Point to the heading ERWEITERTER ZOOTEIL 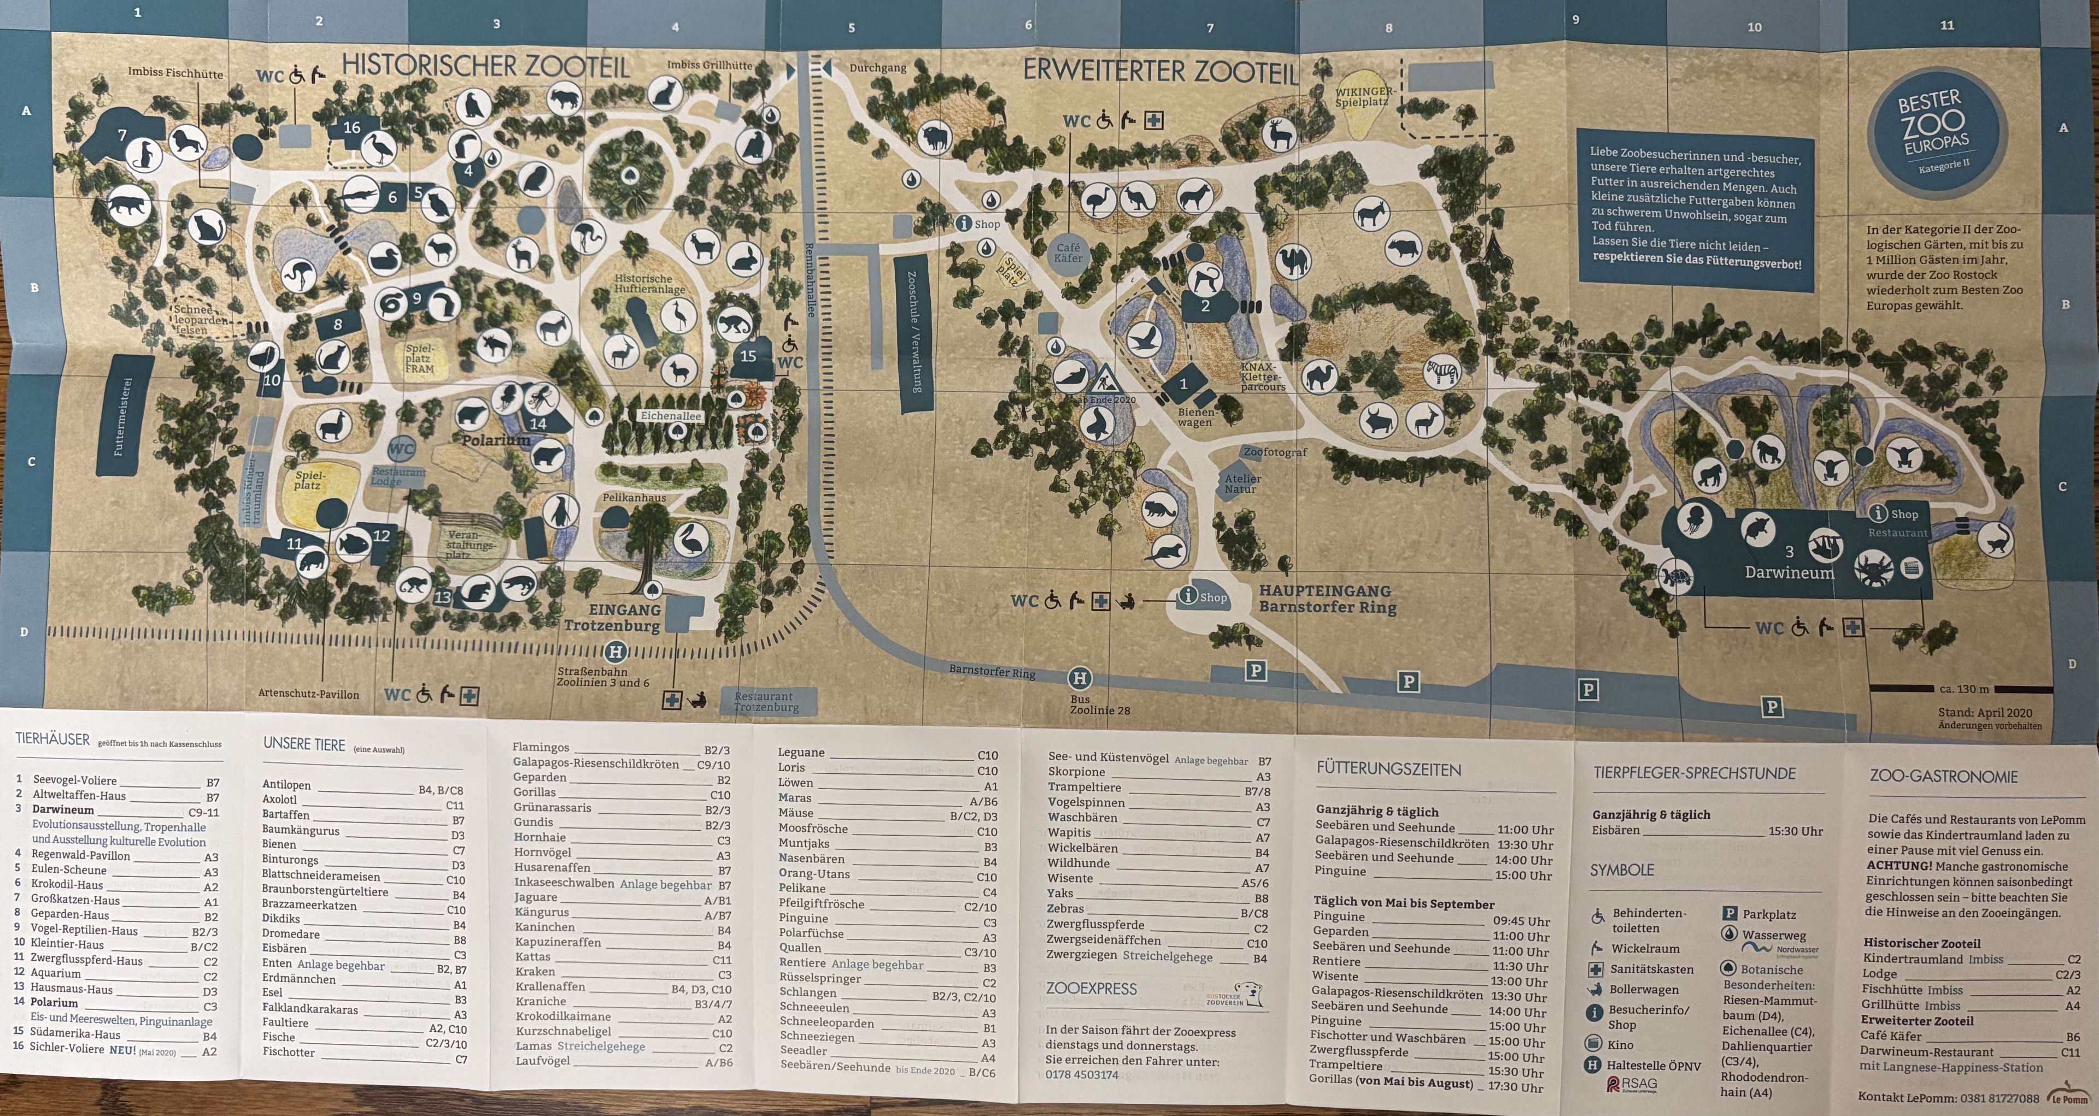point(1159,72)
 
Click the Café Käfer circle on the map point(1068,252)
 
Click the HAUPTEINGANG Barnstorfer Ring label point(1327,599)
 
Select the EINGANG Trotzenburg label point(612,618)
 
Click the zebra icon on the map point(1443,373)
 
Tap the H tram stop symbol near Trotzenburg point(616,651)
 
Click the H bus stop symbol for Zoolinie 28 point(1080,678)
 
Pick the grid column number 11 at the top point(1946,25)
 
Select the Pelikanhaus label point(634,497)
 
